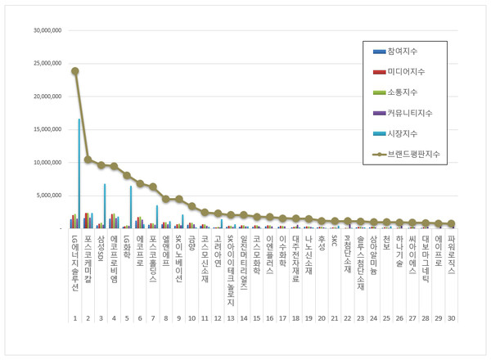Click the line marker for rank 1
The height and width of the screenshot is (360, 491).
coord(75,71)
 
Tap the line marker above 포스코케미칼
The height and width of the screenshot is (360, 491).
coord(88,160)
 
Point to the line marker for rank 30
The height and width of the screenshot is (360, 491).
coord(451,224)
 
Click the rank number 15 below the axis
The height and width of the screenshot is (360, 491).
coord(256,317)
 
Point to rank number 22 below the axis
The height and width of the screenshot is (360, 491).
coord(347,317)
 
